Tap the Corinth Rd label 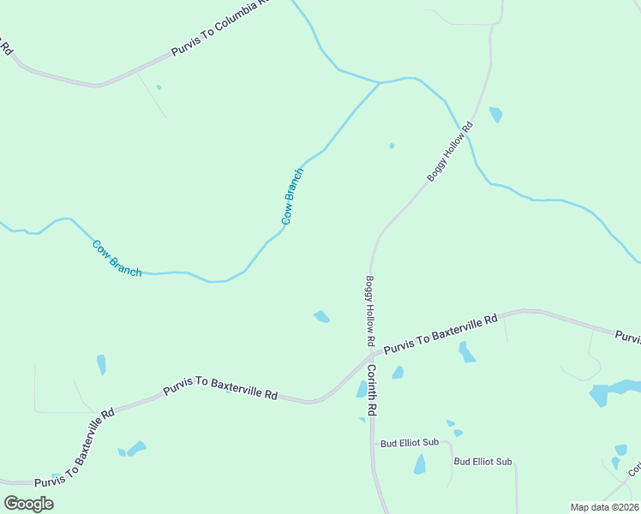point(372,390)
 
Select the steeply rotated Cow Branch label point(292,196)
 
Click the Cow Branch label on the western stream point(117,258)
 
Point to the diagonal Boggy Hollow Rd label point(450,152)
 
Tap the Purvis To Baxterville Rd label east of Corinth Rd point(440,334)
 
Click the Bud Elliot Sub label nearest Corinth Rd point(410,442)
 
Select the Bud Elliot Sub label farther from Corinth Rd point(482,462)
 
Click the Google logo point(29,504)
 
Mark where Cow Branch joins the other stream point(380,83)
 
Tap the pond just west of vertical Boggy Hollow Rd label point(321,317)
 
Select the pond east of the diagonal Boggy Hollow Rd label point(495,114)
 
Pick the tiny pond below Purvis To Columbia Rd point(159,87)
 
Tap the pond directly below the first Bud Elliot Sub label point(420,464)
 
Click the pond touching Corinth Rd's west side point(362,390)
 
